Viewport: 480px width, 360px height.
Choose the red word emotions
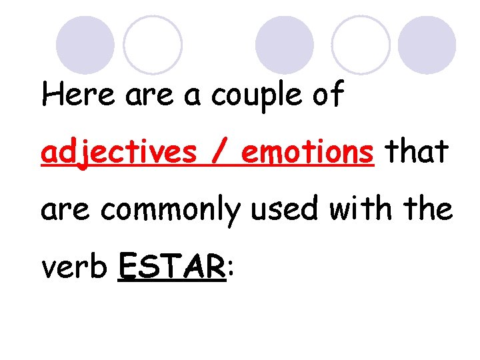(307, 153)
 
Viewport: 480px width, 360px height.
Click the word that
(413, 152)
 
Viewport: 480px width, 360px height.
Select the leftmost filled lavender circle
(85, 45)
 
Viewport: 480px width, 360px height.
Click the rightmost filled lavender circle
(427, 45)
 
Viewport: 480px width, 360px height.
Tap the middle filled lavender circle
(285, 45)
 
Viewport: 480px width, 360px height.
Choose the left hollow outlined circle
(153, 45)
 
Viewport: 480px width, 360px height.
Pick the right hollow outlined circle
(361, 45)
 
